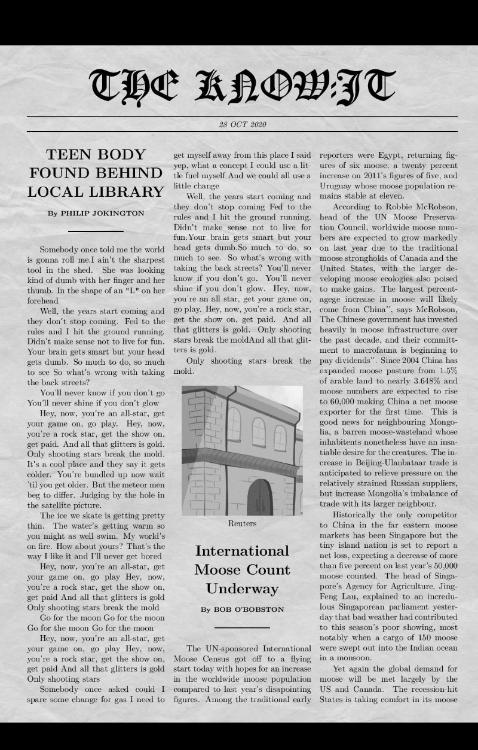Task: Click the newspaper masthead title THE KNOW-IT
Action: [242, 85]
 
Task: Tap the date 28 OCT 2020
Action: [243, 124]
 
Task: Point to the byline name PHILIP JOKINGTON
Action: [102, 213]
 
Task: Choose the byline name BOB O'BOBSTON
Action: [250, 609]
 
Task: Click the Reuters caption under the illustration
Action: [242, 523]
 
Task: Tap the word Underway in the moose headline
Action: [242, 589]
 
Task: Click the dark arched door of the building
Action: [260, 497]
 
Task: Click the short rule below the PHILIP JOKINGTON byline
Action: [96, 231]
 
